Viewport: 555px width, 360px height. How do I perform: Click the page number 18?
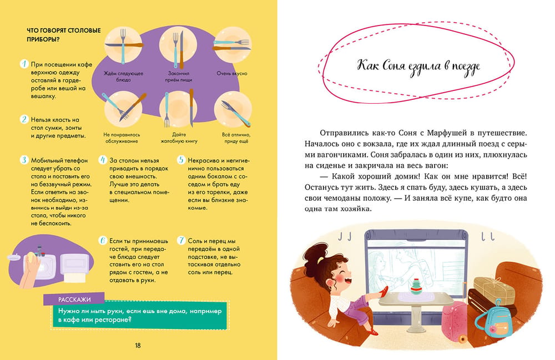[x=138, y=346]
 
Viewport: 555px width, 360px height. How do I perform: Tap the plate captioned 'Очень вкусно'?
[x=232, y=45]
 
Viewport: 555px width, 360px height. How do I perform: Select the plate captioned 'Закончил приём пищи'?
[x=178, y=45]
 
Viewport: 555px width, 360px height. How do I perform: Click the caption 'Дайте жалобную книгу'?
[x=179, y=138]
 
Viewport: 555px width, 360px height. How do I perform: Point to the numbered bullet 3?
[x=24, y=160]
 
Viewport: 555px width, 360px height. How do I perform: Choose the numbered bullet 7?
[x=181, y=241]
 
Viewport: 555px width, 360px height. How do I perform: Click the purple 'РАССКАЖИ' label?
[x=74, y=299]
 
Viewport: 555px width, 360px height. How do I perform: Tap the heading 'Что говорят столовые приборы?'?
[x=64, y=34]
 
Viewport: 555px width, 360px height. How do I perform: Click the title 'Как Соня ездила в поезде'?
[x=418, y=67]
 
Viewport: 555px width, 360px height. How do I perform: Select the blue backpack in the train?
[x=495, y=320]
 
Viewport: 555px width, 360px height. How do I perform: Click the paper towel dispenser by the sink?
[x=74, y=267]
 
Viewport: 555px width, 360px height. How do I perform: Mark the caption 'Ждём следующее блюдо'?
[x=123, y=77]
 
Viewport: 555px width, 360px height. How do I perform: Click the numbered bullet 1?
[x=24, y=64]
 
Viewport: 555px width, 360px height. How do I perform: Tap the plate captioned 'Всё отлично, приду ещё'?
[x=233, y=109]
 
